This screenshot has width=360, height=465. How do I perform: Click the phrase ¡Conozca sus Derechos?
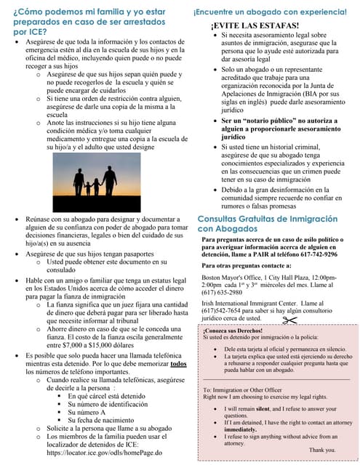[x=233, y=331]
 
